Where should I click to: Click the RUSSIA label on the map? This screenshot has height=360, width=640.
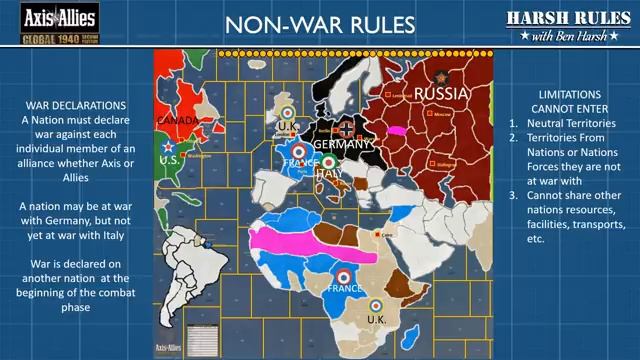441,93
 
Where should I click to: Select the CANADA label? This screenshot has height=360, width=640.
179,121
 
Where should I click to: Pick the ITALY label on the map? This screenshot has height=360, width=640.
329,173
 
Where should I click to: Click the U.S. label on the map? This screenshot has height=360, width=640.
169,161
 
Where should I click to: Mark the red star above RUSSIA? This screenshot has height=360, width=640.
437,76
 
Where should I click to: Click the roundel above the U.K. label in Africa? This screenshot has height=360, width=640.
376,305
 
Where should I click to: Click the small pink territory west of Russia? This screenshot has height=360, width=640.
395,130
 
